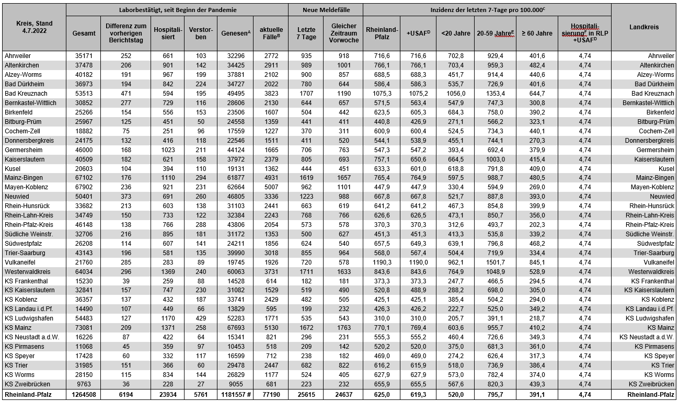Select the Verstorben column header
click(x=201, y=33)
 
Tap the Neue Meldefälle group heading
click(x=326, y=10)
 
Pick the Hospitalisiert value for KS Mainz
click(x=168, y=328)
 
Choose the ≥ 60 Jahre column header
click(x=536, y=33)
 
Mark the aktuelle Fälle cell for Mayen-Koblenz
click(x=270, y=187)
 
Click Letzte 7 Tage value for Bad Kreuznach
click(x=306, y=93)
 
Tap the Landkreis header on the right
click(x=643, y=27)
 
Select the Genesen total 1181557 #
click(x=235, y=394)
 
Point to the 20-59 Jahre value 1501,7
click(x=496, y=262)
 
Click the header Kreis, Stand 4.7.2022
click(x=34, y=27)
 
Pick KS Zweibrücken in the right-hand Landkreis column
click(x=650, y=384)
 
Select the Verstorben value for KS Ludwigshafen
click(x=201, y=318)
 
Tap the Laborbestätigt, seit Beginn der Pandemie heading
click(x=178, y=10)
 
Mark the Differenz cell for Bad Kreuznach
click(x=125, y=93)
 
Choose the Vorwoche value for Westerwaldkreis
click(x=343, y=272)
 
